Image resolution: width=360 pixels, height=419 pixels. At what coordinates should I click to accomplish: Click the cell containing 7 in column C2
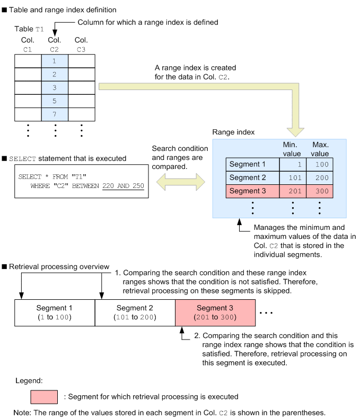point(55,114)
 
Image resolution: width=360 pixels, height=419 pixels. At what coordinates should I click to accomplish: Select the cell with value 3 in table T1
point(55,87)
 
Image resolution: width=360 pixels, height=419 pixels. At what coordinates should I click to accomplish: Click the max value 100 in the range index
point(320,164)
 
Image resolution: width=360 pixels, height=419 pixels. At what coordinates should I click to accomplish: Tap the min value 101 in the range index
point(293,177)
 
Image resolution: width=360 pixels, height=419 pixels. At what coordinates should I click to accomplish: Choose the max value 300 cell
point(320,191)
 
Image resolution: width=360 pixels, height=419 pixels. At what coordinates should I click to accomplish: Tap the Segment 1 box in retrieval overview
point(54,313)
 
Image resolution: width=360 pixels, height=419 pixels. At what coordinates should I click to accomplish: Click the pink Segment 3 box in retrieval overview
point(215,313)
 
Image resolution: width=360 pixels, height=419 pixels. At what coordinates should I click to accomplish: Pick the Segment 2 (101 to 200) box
point(134,313)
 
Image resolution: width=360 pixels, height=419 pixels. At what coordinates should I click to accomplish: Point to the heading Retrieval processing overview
point(59,266)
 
